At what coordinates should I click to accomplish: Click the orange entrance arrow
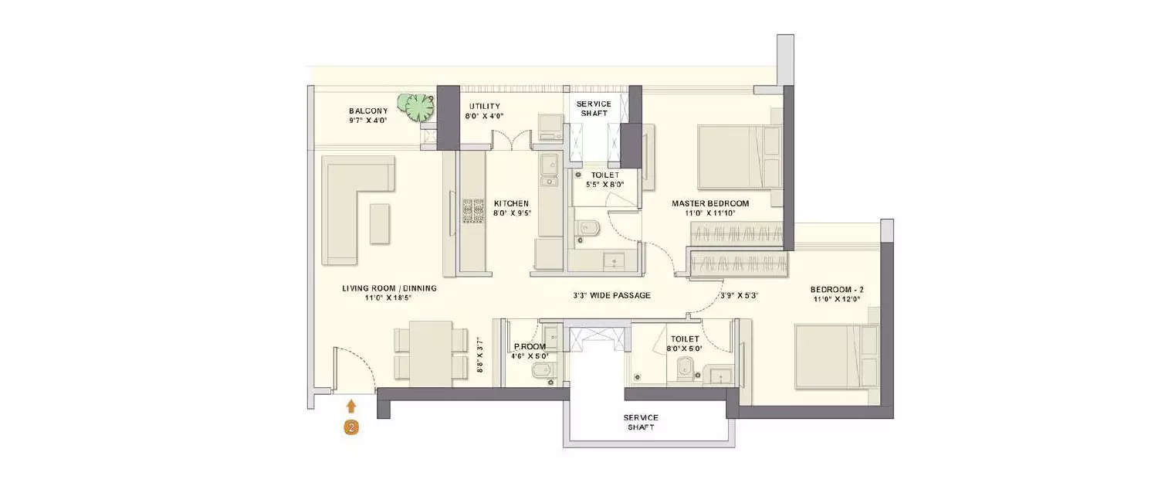coord(351,406)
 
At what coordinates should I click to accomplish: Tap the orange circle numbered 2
coord(351,427)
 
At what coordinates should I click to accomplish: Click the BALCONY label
coord(367,111)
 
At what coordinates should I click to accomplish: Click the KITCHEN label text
coord(511,204)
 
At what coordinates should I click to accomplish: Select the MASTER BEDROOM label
coord(709,204)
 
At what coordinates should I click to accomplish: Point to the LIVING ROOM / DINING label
coord(389,288)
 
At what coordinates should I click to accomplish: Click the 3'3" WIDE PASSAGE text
coord(611,295)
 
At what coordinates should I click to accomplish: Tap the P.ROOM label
coord(530,347)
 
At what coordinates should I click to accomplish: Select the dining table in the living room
coord(430,352)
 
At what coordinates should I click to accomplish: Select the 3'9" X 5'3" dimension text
coord(740,295)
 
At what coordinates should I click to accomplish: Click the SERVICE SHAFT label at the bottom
coord(641,422)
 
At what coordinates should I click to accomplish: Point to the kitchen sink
coord(549,172)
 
